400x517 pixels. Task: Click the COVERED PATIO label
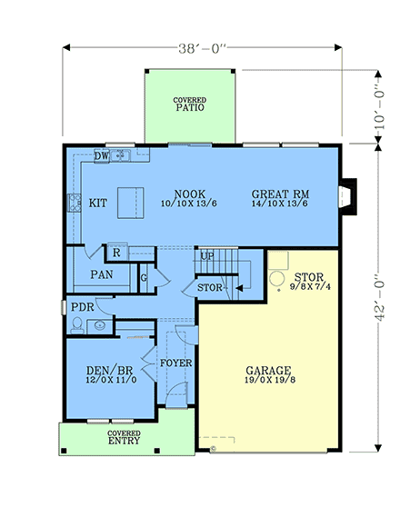click(x=190, y=104)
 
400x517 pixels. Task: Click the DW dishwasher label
click(x=103, y=155)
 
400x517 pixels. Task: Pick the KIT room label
click(x=98, y=203)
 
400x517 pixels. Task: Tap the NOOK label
click(x=188, y=194)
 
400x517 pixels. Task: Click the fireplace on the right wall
click(x=348, y=194)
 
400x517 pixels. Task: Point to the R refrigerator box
click(x=116, y=252)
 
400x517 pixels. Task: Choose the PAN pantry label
click(x=101, y=273)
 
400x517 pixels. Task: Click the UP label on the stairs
click(x=207, y=256)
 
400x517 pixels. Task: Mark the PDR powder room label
click(x=82, y=307)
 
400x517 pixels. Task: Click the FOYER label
click(x=175, y=363)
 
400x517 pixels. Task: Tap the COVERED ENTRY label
click(x=124, y=438)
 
